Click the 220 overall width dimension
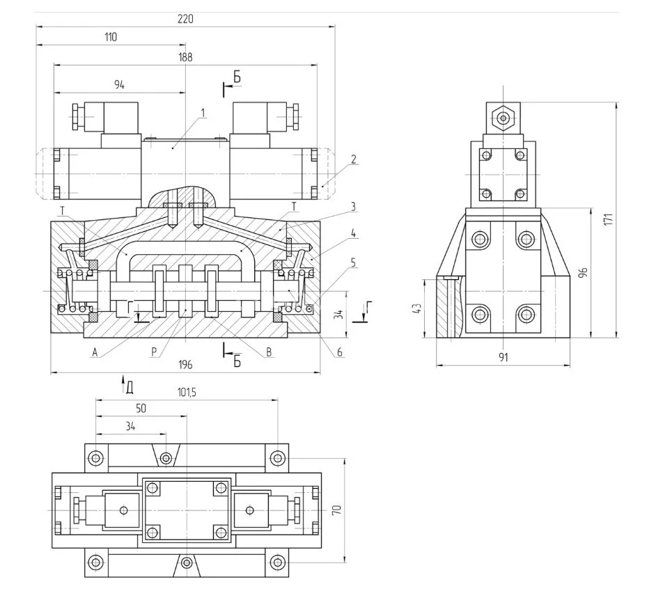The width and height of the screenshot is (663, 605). coord(185,19)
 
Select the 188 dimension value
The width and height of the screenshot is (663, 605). coord(185,57)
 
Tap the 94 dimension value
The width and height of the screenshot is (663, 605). coord(119,85)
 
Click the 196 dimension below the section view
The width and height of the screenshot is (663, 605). coord(185,365)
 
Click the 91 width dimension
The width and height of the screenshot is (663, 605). coord(503,357)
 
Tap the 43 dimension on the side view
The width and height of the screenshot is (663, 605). coord(417,308)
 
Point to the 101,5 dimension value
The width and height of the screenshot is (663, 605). coord(187,393)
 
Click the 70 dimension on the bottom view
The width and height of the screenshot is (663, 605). coord(336,510)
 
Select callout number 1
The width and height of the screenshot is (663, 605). coord(203,111)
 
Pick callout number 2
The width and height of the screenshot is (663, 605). coord(353,159)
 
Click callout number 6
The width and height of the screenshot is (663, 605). coord(340,352)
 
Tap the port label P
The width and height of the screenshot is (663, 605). coord(153,352)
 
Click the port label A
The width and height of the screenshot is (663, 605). coord(94,352)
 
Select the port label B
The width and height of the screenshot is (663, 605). coord(268,352)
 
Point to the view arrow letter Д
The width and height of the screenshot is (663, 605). coord(130,384)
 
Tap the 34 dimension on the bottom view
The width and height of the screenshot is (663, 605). coord(130,426)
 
